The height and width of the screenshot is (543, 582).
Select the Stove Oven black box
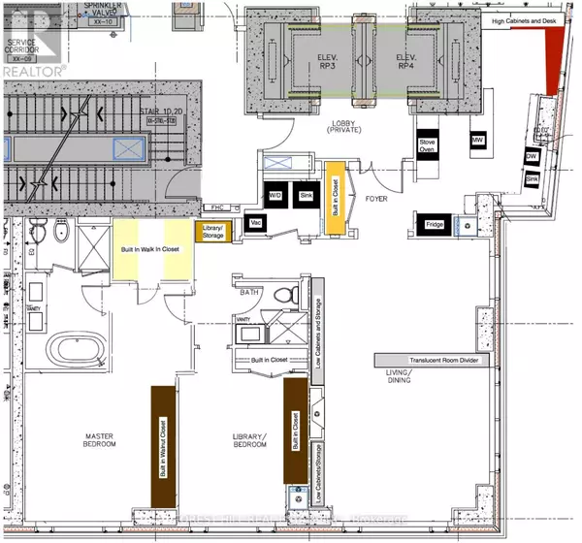[428, 145]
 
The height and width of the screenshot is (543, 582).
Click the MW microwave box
[477, 142]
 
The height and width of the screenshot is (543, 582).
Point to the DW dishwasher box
[532, 156]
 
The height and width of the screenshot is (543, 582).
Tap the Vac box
[257, 222]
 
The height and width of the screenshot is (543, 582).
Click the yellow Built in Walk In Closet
[151, 249]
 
